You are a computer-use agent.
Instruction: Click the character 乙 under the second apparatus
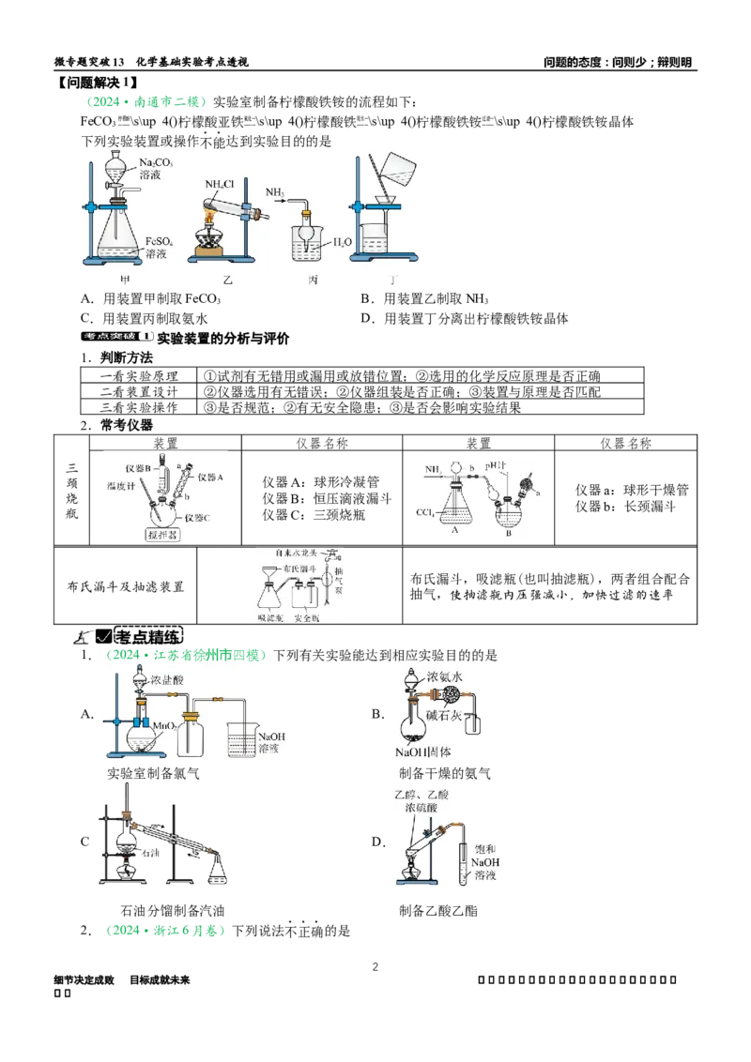(225, 280)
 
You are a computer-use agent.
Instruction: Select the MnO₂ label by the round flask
(159, 725)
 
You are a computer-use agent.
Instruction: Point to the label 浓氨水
(446, 675)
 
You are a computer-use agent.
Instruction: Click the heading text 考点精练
(150, 635)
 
